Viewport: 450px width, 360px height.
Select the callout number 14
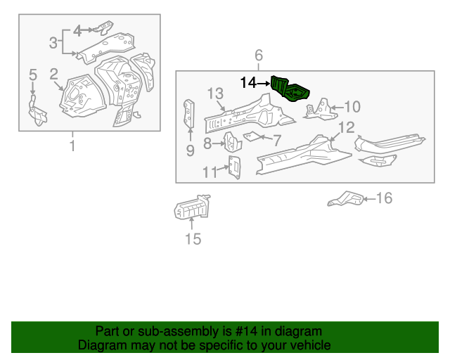[x=248, y=83]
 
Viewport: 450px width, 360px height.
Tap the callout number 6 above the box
[x=258, y=56]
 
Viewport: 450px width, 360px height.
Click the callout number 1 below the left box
[x=72, y=146]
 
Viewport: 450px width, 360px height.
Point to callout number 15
[x=193, y=240]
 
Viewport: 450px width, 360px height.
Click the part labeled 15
[x=191, y=209]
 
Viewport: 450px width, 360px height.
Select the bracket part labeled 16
[x=345, y=199]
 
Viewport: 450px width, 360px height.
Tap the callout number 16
[x=383, y=198]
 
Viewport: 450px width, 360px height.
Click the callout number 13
[x=215, y=94]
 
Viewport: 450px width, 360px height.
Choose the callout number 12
[x=347, y=127]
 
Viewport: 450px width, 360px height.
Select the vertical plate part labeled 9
[x=189, y=113]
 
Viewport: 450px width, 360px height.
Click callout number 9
[x=190, y=150]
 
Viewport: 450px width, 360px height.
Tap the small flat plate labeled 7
[x=254, y=136]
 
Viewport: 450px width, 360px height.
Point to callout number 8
[x=207, y=143]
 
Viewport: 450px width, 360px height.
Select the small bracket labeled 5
[x=34, y=110]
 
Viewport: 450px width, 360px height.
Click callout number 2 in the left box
[x=53, y=74]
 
